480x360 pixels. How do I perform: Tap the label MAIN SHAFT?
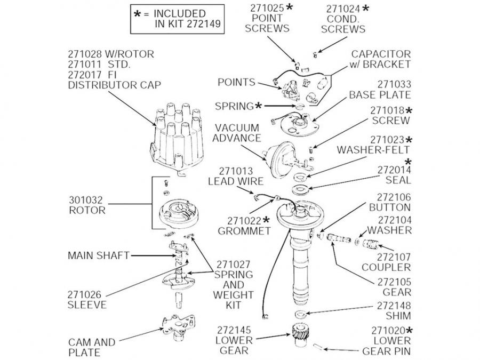pos(98,255)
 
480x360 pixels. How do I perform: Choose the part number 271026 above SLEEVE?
pos(85,294)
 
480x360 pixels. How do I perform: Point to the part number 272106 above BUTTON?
pos(393,196)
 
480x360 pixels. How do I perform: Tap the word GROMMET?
pos(244,231)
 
